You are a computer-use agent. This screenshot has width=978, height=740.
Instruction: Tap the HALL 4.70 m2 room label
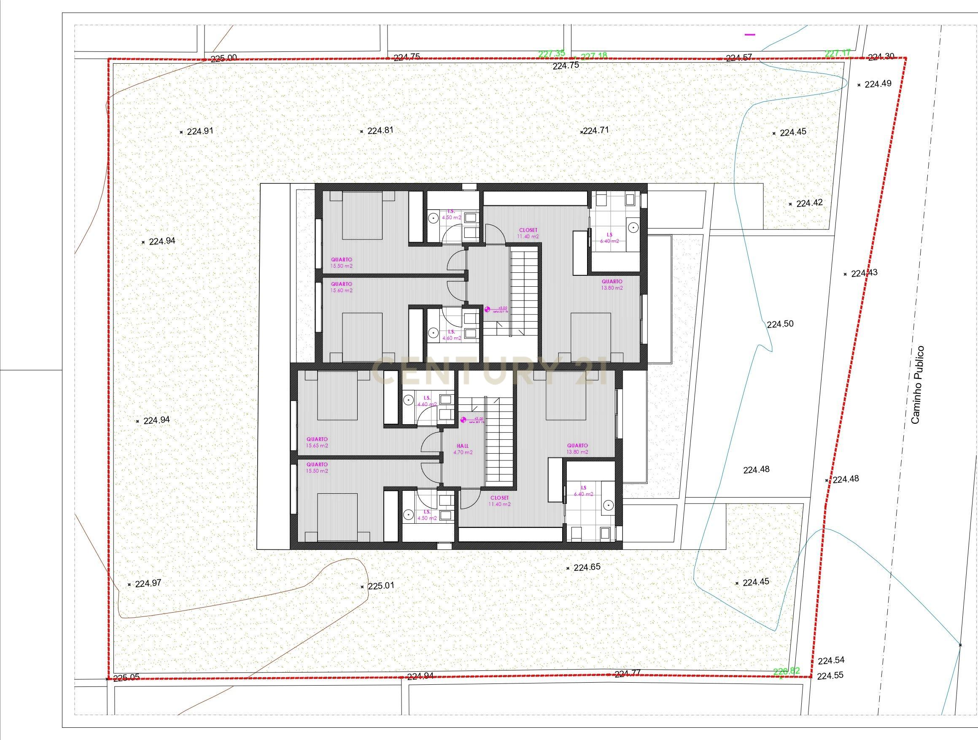pyautogui.click(x=463, y=449)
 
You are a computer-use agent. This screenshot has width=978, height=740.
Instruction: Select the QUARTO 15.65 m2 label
pyautogui.click(x=317, y=442)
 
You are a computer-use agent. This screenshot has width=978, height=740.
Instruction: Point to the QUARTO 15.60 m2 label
pyautogui.click(x=341, y=287)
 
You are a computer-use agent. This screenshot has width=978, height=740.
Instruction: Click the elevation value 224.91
pyautogui.click(x=200, y=131)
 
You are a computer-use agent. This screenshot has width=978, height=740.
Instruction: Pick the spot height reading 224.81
pyautogui.click(x=380, y=130)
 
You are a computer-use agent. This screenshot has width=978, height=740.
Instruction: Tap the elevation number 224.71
pyautogui.click(x=596, y=130)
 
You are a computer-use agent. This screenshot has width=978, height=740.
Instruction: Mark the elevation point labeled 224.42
pyautogui.click(x=809, y=203)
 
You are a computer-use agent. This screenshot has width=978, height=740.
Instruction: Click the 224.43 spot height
pyautogui.click(x=864, y=273)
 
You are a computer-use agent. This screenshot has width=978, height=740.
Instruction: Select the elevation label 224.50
pyautogui.click(x=780, y=324)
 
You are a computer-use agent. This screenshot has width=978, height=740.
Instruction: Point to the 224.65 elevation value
pyautogui.click(x=587, y=567)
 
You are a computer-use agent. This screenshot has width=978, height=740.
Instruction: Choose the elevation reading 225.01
pyautogui.click(x=380, y=586)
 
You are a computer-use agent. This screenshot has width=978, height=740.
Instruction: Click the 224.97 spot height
pyautogui.click(x=148, y=584)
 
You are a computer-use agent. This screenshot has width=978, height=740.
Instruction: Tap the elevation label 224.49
pyautogui.click(x=878, y=83)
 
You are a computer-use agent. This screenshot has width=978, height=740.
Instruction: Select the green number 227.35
pyautogui.click(x=551, y=54)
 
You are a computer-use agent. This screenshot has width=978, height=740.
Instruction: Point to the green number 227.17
pyautogui.click(x=838, y=53)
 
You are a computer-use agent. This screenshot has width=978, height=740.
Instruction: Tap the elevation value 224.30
pyautogui.click(x=881, y=57)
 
